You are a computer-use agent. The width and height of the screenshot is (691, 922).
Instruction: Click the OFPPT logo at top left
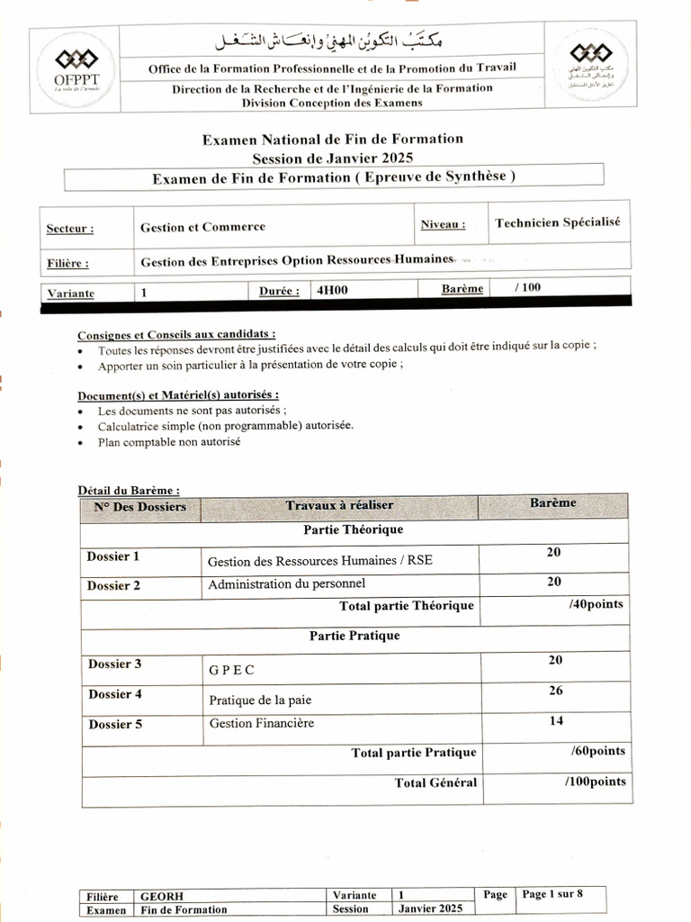(76, 70)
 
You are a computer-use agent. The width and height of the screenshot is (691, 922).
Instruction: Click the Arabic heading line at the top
(333, 42)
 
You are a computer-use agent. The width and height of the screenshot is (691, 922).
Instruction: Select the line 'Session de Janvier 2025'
(333, 158)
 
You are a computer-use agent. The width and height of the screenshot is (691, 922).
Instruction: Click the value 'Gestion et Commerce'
(202, 227)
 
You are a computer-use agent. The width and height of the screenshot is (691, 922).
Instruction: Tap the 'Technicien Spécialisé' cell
(557, 222)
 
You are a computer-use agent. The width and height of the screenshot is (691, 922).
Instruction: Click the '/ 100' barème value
(528, 288)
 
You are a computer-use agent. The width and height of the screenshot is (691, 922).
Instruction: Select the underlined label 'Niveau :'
(443, 224)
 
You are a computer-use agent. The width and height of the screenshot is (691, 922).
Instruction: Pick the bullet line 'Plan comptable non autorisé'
(169, 442)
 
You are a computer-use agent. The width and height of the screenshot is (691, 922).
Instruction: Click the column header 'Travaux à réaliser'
(339, 505)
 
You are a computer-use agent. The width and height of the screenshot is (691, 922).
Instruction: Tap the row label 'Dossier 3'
(114, 664)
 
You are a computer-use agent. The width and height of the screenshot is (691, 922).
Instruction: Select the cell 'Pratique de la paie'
(261, 700)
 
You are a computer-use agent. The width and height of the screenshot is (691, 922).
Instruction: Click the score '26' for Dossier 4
(554, 691)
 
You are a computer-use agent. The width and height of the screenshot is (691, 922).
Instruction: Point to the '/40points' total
(595, 604)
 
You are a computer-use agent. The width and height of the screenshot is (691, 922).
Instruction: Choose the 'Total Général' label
(435, 782)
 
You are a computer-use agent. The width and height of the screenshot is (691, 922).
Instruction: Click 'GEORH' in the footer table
(159, 895)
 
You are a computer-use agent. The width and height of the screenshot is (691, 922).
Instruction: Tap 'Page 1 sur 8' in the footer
(552, 894)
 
